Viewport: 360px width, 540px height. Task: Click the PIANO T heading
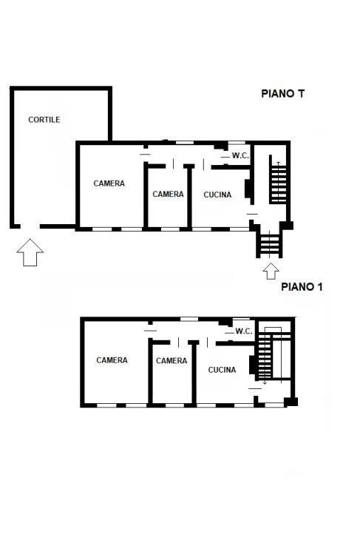pyautogui.click(x=282, y=94)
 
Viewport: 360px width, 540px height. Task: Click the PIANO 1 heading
pyautogui.click(x=302, y=287)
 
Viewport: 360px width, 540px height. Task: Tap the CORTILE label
pyautogui.click(x=44, y=120)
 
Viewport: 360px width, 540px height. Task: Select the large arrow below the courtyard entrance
pyautogui.click(x=30, y=252)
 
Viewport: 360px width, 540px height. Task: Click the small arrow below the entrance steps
pyautogui.click(x=271, y=271)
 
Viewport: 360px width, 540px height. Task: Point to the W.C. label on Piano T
pyautogui.click(x=240, y=155)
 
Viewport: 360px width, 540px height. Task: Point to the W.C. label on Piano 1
pyautogui.click(x=244, y=331)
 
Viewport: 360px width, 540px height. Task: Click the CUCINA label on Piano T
pyautogui.click(x=217, y=195)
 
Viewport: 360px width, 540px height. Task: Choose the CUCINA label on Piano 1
pyautogui.click(x=222, y=370)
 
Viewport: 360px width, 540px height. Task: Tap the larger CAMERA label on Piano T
pyautogui.click(x=109, y=183)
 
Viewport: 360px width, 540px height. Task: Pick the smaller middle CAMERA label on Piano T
pyautogui.click(x=168, y=195)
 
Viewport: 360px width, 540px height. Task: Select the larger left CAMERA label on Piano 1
pyautogui.click(x=112, y=360)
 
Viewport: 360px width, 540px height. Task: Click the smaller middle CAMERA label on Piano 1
pyautogui.click(x=171, y=360)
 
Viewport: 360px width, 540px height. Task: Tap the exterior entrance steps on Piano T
pyautogui.click(x=270, y=243)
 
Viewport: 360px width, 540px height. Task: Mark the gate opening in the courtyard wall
pyautogui.click(x=30, y=226)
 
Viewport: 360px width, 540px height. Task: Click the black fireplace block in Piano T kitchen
pyautogui.click(x=248, y=189)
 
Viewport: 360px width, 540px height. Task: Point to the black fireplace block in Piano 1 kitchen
pyautogui.click(x=252, y=365)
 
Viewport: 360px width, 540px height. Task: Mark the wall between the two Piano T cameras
pyautogui.click(x=146, y=195)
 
